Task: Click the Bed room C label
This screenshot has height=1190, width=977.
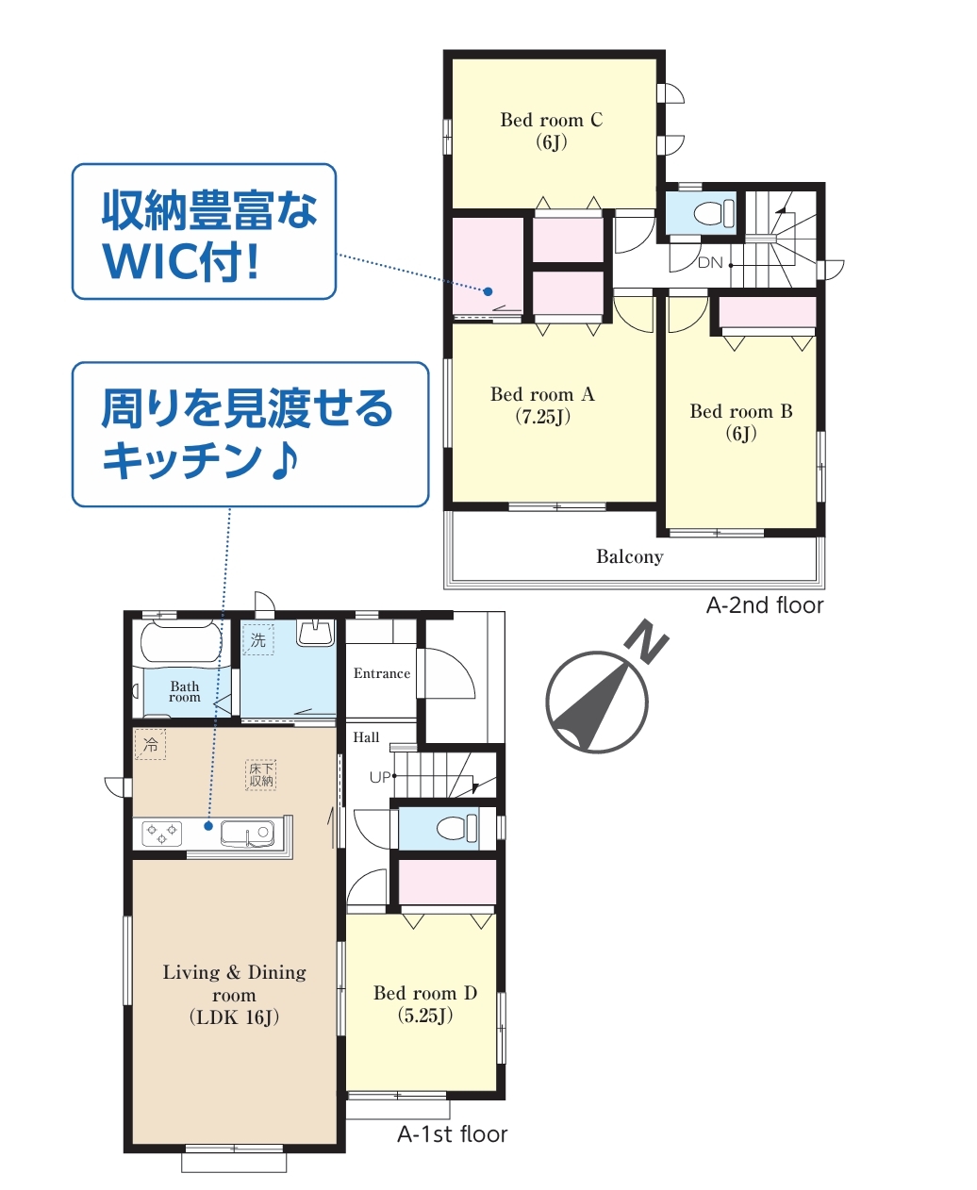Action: point(551,131)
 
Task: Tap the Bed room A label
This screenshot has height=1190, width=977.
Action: point(542,405)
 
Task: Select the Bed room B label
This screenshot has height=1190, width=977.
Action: point(741,422)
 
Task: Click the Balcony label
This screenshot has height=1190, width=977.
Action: point(629,557)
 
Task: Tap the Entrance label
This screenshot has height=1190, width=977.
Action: point(382,673)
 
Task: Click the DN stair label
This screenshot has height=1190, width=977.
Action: point(710,262)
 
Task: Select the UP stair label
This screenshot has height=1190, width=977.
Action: point(380,778)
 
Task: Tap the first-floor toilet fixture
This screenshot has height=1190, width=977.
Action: point(457,828)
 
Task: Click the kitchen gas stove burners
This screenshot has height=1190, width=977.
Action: point(162,834)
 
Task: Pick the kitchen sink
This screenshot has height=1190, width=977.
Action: point(247,834)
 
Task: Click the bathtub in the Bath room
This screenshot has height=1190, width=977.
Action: point(181,643)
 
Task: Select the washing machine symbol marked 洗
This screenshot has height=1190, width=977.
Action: point(258,640)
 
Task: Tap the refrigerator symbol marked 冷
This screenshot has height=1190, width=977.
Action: point(150,744)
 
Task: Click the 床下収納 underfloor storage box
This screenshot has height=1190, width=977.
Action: point(261,775)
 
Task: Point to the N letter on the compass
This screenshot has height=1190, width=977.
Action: point(647,640)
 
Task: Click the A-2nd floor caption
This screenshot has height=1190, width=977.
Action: point(765,605)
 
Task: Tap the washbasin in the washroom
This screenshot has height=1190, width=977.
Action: point(316,633)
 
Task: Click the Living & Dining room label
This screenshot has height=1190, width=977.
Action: point(234,994)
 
